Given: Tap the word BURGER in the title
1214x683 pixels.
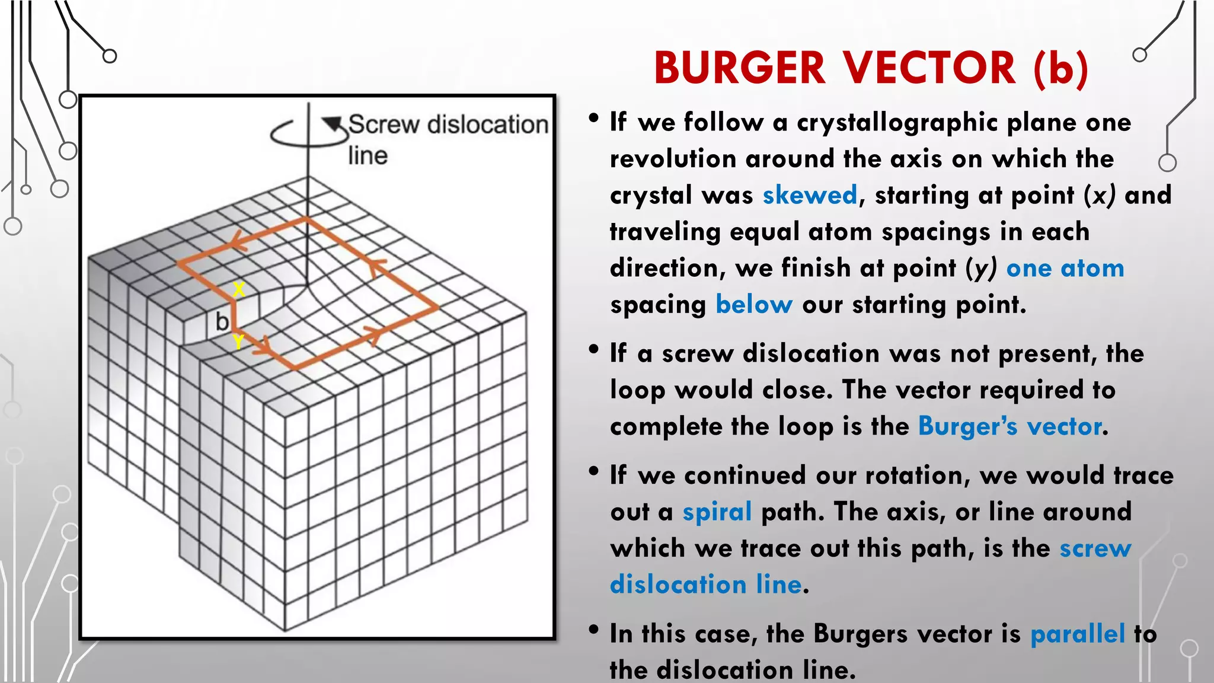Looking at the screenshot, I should coord(740,68).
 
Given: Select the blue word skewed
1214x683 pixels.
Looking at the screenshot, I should coord(810,195).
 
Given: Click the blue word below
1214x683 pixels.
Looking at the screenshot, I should coord(753,304).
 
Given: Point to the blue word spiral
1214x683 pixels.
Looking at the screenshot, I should coord(717,512).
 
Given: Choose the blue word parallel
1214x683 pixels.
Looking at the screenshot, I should coord(1077,634).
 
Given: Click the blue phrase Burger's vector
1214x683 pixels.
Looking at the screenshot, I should coord(1010,426).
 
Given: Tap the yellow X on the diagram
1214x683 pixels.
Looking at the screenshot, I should coord(238,289).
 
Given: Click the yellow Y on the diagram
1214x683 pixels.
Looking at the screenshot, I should coord(238,341).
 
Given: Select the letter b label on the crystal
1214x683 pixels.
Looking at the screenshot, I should coord(222,322).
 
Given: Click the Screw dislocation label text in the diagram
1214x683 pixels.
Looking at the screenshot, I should coord(448,125).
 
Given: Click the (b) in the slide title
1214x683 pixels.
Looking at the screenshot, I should coord(1061,68).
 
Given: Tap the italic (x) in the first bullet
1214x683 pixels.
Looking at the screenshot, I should coord(1099,195).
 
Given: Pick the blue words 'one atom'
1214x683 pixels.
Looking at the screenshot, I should coord(1065,269).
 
